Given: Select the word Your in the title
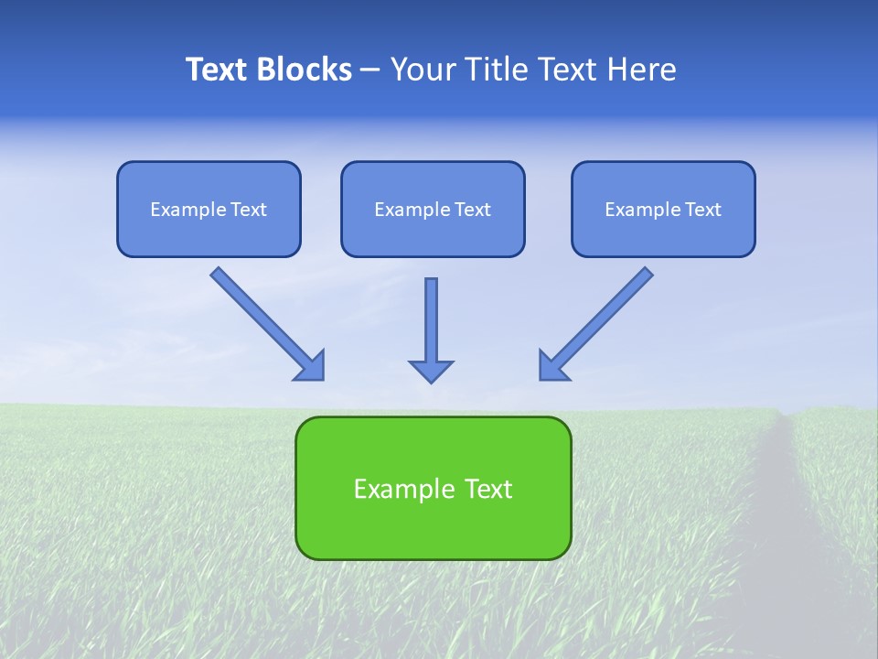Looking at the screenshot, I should [x=423, y=70].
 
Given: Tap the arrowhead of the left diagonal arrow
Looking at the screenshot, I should [x=312, y=367].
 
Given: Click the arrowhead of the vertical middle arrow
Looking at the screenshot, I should [x=431, y=371].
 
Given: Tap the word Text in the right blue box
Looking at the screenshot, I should [x=703, y=210].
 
